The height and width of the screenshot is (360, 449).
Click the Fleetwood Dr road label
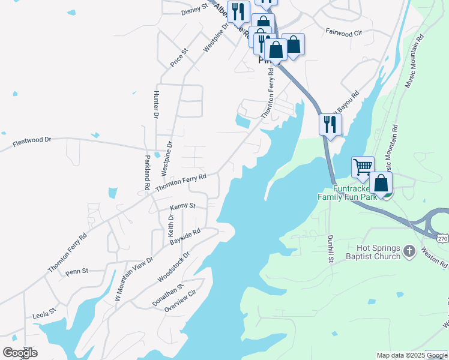tap(32, 142)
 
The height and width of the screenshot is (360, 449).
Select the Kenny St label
tap(182, 206)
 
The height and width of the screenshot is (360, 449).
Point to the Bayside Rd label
tap(185, 236)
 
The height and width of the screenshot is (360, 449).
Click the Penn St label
tap(77, 271)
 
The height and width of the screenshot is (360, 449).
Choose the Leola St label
tap(44, 312)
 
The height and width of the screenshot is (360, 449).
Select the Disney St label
tap(194, 9)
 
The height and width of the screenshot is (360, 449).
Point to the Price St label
tap(179, 58)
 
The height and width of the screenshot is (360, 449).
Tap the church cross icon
tap(409, 251)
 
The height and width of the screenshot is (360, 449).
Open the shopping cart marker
tap(363, 167)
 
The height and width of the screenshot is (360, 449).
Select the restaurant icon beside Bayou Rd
tap(330, 124)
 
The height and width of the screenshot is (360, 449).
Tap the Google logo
tap(19, 352)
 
